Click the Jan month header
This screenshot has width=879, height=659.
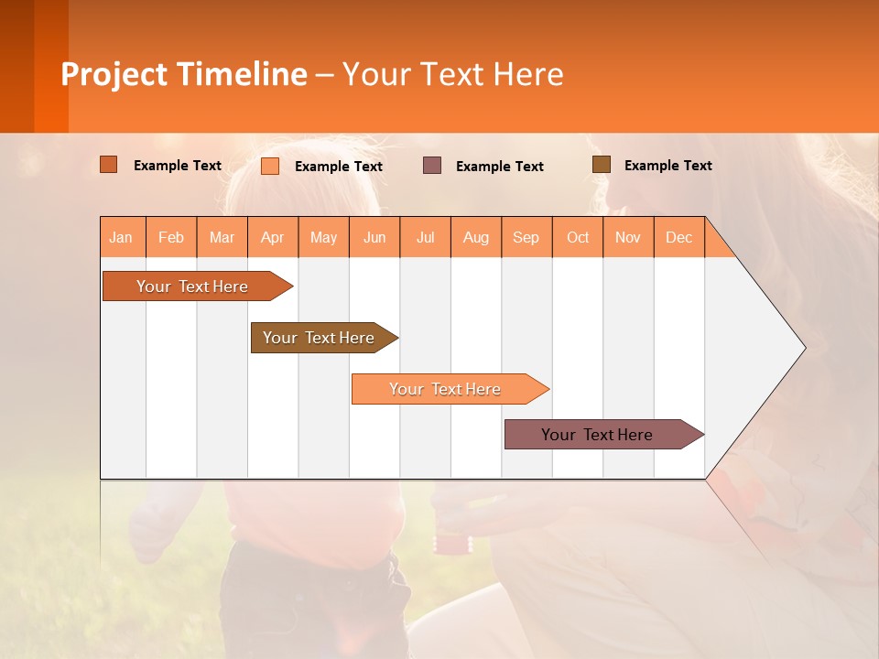coord(122,237)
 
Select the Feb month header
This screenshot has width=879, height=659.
coord(171,237)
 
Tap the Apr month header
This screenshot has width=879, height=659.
coord(273,237)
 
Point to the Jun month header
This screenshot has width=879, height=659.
coord(374,237)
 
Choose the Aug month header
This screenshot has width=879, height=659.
coord(476,237)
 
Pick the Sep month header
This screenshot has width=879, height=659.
coord(526,237)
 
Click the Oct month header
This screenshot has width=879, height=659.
coord(578,237)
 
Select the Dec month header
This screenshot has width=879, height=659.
coord(679,237)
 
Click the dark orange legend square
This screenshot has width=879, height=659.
coord(109,165)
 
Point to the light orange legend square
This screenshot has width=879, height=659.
coord(270,166)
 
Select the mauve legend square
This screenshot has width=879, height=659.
coord(432,166)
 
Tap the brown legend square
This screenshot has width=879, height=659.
coord(602,165)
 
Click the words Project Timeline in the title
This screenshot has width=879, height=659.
coord(184,74)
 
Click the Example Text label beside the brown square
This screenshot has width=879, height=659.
coord(667,166)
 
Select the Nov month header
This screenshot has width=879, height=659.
coord(628,237)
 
